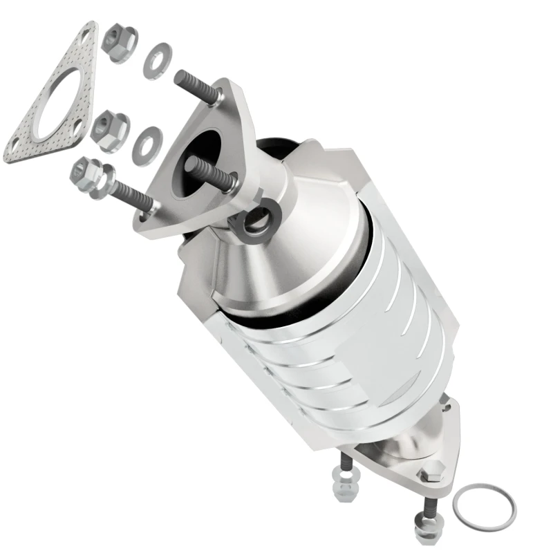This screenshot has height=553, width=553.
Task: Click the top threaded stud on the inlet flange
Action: pos(194,86)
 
